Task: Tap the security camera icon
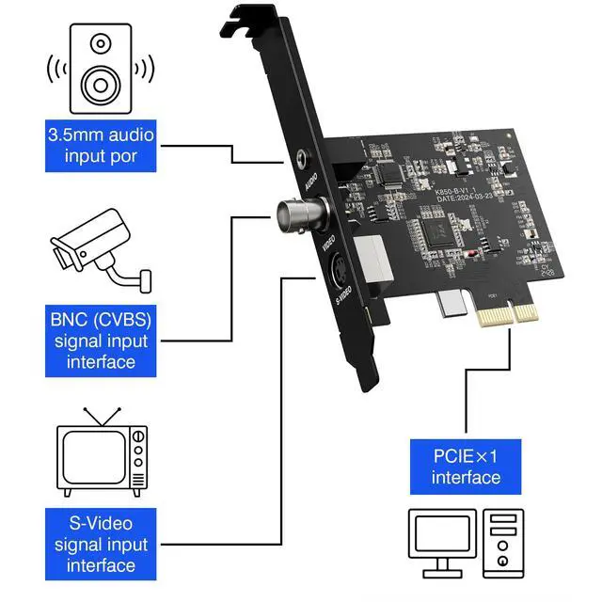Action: click(x=99, y=246)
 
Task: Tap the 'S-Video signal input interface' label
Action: click(x=101, y=544)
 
